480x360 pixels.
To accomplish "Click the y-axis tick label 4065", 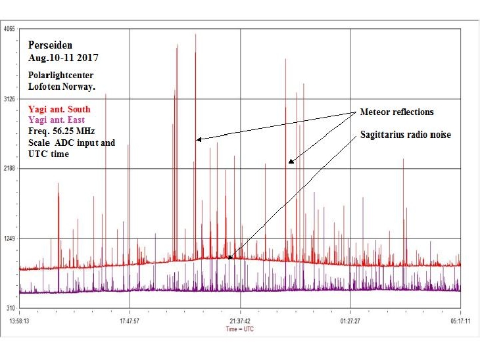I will pos(10,30).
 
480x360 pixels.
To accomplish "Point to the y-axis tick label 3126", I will pos(10,99).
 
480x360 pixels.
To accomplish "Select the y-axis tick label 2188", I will pos(10,169).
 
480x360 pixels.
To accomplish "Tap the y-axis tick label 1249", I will pos(10,238).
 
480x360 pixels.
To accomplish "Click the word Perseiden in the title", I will pos(50,46).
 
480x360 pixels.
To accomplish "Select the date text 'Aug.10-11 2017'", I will pos(59,58).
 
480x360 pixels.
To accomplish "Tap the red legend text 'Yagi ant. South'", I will pos(59,109).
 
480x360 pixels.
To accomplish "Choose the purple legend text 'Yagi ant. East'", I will pos(57,120).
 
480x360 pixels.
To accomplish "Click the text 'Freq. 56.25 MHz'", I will pos(61,131).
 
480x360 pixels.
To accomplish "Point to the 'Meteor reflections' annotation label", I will pos(397,112).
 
